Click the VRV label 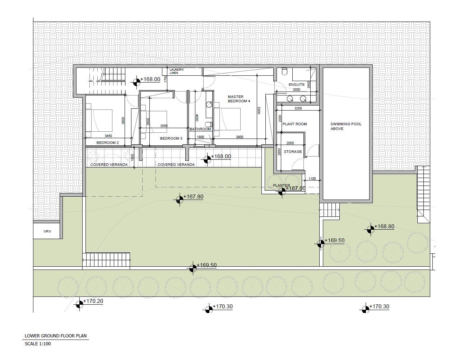point(47,231)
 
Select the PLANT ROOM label point(295,124)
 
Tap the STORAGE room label point(293,152)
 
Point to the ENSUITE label point(297,85)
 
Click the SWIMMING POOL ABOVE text point(346,126)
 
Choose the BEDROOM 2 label point(108,143)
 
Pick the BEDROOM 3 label point(171,139)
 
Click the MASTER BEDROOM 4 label point(239,99)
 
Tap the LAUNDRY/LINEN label point(177,71)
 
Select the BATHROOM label point(200,129)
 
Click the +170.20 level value point(93,301)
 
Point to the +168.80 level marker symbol point(371,230)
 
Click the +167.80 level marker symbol point(180,200)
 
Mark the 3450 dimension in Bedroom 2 point(108,136)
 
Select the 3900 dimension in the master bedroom point(240,137)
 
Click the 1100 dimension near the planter point(312,179)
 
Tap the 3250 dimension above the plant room point(298,108)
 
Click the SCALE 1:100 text point(38,344)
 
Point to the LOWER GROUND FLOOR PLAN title point(56,336)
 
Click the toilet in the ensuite point(284,71)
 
